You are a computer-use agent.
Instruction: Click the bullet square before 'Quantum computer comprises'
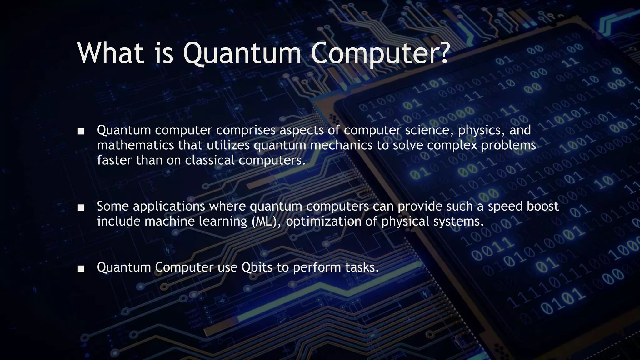pyautogui.click(x=81, y=132)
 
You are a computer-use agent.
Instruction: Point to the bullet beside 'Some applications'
pyautogui.click(x=81, y=208)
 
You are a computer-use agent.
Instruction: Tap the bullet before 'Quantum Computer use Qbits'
pyautogui.click(x=81, y=269)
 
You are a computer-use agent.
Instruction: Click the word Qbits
pyautogui.click(x=257, y=267)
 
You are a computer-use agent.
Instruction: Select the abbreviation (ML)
pyautogui.click(x=266, y=222)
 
